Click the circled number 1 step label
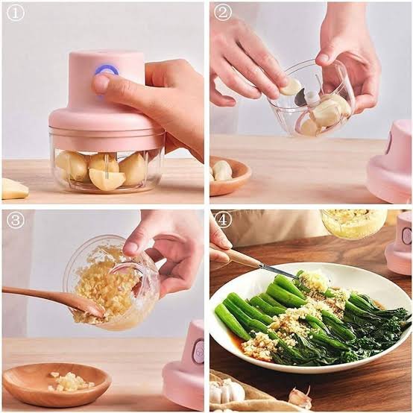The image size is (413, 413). click(15, 13)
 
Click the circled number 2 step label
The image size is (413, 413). click(222, 13)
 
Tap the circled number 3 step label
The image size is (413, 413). click(15, 220)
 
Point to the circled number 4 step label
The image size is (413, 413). click(222, 220)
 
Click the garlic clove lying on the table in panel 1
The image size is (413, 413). click(13, 189)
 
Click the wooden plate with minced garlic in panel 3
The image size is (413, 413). click(57, 384)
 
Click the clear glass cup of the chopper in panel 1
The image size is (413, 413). click(104, 167)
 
